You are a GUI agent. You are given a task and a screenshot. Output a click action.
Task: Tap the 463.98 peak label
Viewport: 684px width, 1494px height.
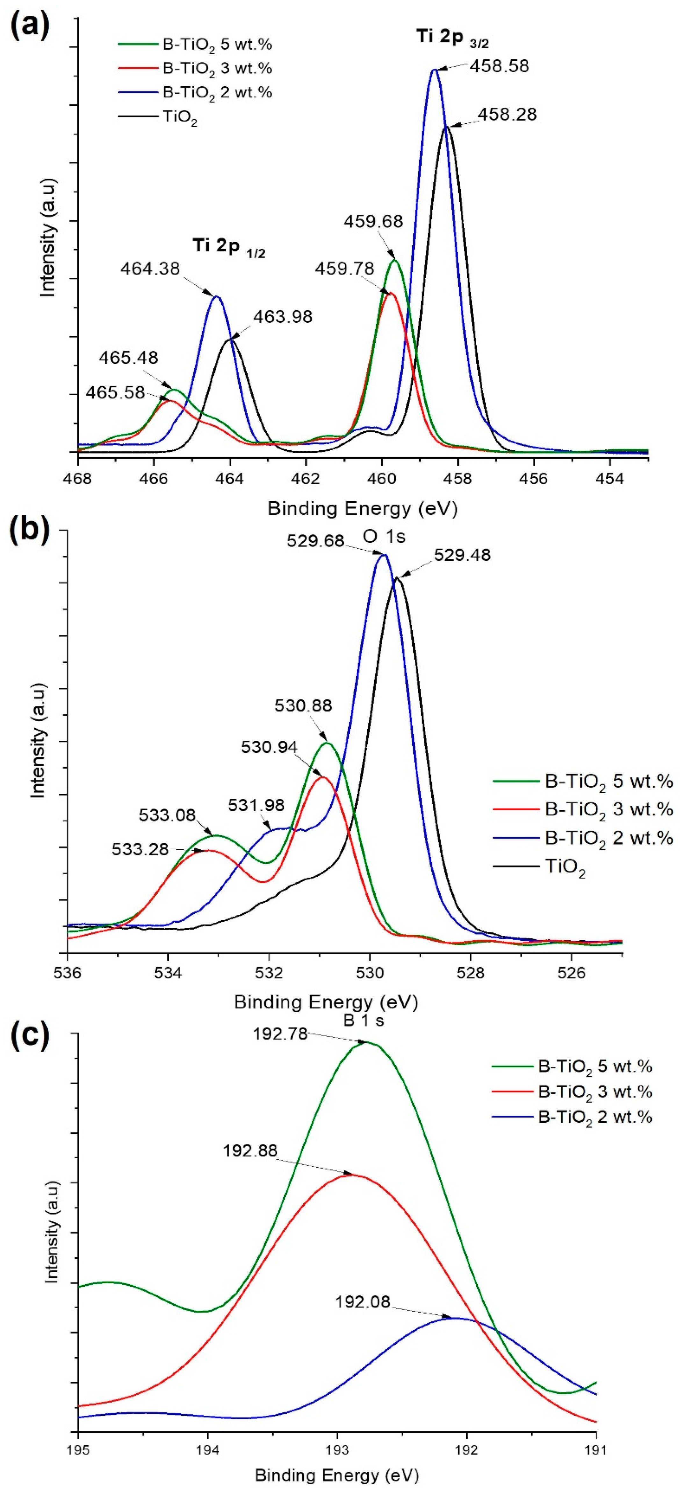click(283, 317)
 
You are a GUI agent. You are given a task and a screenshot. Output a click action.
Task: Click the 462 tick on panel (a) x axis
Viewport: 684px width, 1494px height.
click(306, 480)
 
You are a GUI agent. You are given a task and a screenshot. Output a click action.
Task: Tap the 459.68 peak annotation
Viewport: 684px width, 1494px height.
click(373, 222)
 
